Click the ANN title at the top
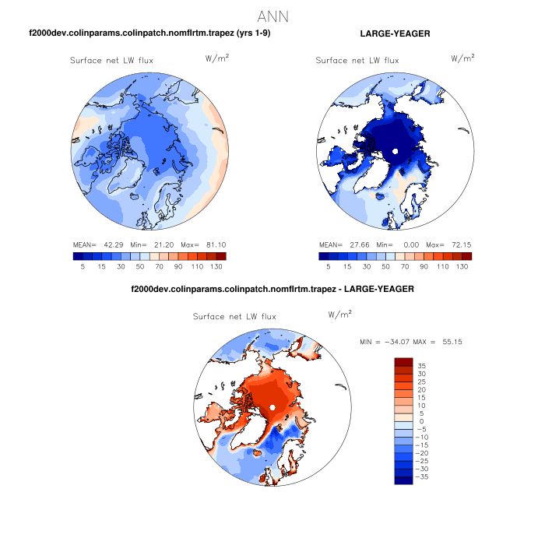tap(272, 15)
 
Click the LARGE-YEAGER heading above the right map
tap(396, 33)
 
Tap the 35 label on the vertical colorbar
tap(421, 365)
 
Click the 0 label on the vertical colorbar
tap(421, 421)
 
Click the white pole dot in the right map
tap(396, 150)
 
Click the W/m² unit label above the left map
tap(217, 58)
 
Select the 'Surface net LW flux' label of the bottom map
tap(234, 317)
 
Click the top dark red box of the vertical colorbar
tap(403, 361)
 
